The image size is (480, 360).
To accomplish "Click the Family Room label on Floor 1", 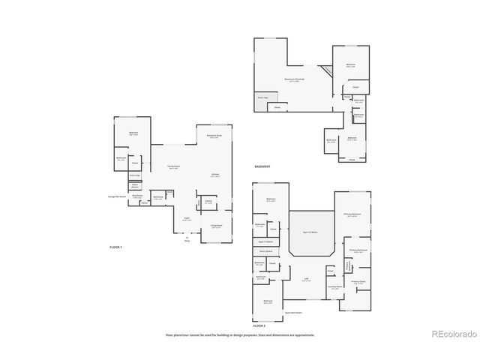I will [172, 168].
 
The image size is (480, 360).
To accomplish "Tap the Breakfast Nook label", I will [214, 136].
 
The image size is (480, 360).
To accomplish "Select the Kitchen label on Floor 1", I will [215, 174].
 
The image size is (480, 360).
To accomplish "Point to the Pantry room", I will [208, 202].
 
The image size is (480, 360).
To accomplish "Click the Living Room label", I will [216, 226].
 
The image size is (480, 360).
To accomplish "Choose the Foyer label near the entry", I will [187, 218].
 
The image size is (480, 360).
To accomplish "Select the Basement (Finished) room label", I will [294, 80].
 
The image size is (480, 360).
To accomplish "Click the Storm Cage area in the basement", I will [263, 98].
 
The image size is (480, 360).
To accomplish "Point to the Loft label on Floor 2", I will [307, 278].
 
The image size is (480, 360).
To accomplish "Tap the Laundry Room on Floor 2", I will [334, 286].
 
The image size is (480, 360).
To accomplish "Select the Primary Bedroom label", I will [352, 214].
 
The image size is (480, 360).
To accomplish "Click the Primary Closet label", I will [358, 283].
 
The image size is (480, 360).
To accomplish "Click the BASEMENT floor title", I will [262, 166].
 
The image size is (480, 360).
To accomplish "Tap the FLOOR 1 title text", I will [115, 246].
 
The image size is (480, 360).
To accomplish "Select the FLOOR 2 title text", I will [259, 326].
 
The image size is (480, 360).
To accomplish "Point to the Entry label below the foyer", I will [187, 240].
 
